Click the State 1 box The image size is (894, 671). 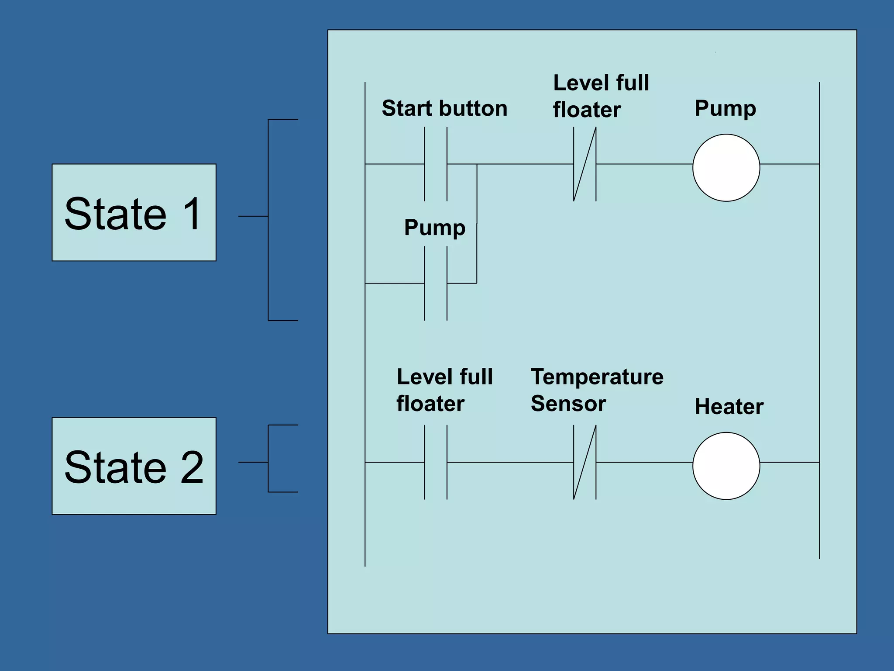tap(134, 212)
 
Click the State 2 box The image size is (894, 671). tap(134, 466)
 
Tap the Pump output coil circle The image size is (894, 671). tap(726, 168)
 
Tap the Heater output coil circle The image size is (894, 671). tap(726, 466)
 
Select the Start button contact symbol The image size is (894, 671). tap(436, 164)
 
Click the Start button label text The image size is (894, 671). tap(444, 108)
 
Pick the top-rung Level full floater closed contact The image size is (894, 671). tap(585, 164)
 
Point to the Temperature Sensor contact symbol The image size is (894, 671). tap(585, 462)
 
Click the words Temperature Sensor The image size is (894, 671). tap(596, 390)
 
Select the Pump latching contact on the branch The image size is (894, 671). tap(436, 283)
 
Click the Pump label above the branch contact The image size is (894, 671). tap(435, 228)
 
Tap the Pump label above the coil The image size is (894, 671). tap(725, 108)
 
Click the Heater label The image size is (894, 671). tap(729, 407)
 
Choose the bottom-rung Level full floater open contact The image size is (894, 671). tap(436, 462)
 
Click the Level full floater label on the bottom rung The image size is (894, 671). tap(444, 390)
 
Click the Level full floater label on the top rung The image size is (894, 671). tap(601, 96)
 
